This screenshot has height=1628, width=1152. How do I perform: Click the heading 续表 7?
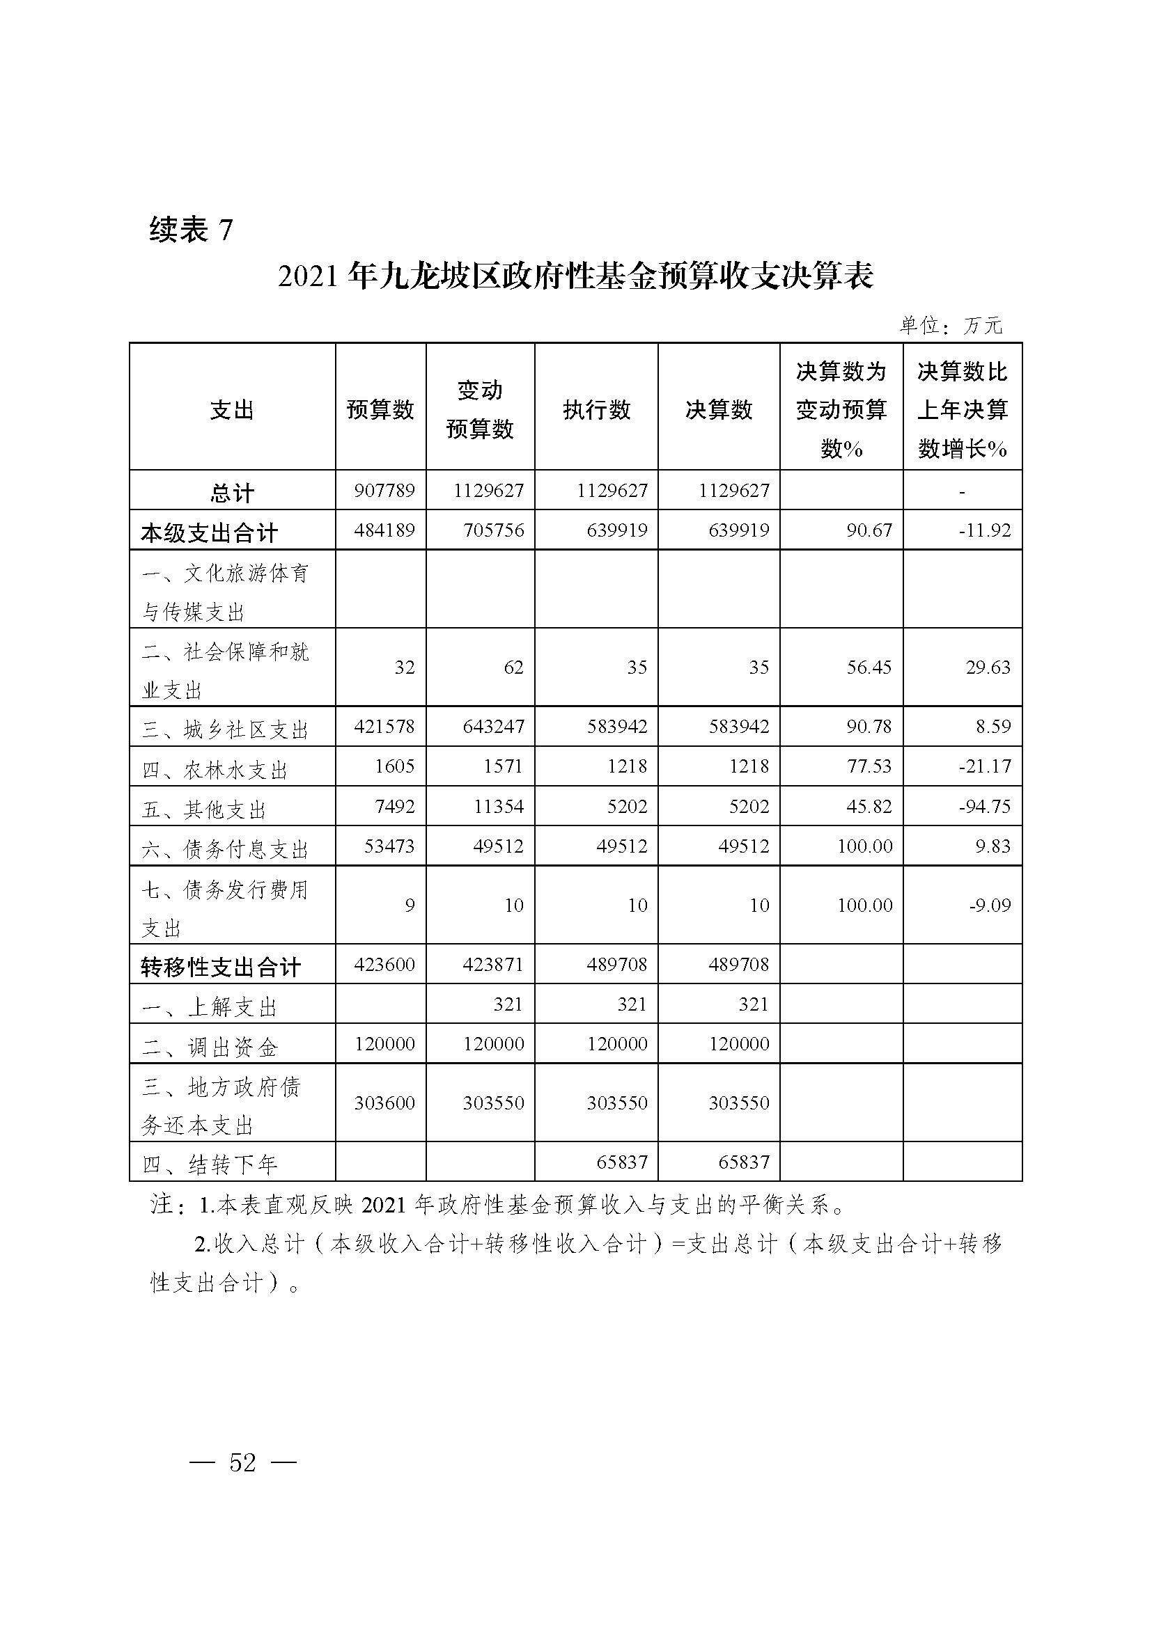(x=191, y=230)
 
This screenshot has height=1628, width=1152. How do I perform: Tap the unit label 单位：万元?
(x=951, y=326)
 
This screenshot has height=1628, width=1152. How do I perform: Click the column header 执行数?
(x=596, y=410)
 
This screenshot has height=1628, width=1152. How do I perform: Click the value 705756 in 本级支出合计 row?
(x=494, y=530)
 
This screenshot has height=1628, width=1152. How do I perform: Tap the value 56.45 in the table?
(x=869, y=667)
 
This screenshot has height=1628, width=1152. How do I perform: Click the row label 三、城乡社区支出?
(x=225, y=729)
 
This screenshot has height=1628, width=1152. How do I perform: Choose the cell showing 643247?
(x=494, y=727)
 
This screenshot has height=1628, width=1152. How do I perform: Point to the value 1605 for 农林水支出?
(x=395, y=766)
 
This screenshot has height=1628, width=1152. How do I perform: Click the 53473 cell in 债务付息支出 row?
(x=389, y=846)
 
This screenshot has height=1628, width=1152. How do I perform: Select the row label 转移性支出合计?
(x=221, y=967)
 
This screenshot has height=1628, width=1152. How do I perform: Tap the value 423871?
(x=494, y=964)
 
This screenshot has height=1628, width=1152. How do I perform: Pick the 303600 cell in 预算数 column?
(x=384, y=1103)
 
